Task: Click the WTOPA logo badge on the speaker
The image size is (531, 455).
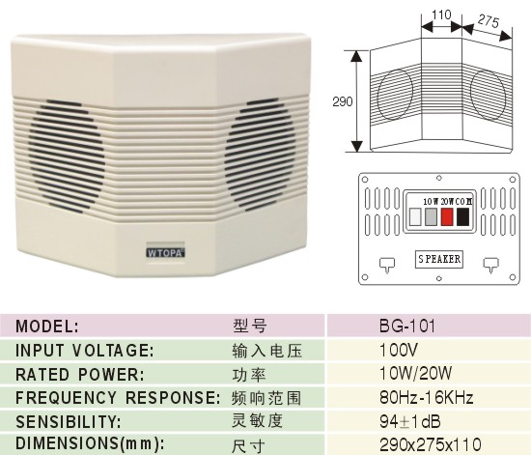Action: pos(166,253)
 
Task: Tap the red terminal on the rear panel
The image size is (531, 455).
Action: pos(447,216)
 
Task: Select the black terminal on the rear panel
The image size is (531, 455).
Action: pos(462,216)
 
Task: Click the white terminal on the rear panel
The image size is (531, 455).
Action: pos(415,216)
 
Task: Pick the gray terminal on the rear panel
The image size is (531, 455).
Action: pos(431,216)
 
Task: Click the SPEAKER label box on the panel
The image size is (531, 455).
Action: pos(439,259)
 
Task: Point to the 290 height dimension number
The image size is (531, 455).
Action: pos(343,101)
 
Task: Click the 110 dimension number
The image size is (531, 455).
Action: pos(441,14)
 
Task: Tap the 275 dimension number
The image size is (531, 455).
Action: pos(489,21)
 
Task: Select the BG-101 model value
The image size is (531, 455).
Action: pos(407,326)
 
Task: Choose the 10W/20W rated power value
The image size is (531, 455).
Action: pos(416,374)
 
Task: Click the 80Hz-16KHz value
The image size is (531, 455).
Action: pos(426,397)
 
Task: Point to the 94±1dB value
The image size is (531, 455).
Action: pos(410,421)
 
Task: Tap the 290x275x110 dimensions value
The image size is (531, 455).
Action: pos(430,443)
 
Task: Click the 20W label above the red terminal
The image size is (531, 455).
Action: pos(447,202)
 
